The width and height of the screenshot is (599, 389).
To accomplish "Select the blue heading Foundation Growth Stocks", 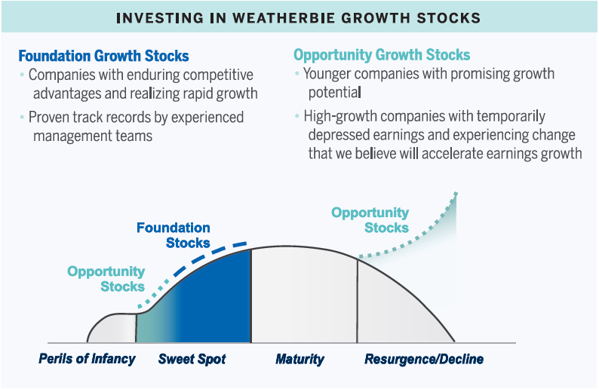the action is coord(103,56).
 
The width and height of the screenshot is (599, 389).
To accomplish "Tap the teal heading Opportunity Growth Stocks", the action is coord(382,55).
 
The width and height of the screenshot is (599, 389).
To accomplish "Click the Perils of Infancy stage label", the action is coord(87,359).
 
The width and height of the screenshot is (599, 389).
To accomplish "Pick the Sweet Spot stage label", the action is coord(192,359).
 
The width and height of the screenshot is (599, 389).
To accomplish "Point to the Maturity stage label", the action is coord(300,359).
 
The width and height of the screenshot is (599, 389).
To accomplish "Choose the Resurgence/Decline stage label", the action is coord(424,359).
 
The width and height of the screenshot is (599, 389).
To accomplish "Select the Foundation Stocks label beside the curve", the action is coord(174,235).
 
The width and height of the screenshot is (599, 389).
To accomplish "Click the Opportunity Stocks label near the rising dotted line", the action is coord(370,220).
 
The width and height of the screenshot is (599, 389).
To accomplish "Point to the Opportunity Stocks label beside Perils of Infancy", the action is coord(106,279).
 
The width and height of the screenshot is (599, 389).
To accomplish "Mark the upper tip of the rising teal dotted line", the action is coord(456,193).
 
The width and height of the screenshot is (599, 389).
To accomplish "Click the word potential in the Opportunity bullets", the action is coord(335,93).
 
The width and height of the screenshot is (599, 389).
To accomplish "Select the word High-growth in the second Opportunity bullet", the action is coord(340,116).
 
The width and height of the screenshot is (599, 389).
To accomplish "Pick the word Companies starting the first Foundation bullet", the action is coord(62,75).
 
